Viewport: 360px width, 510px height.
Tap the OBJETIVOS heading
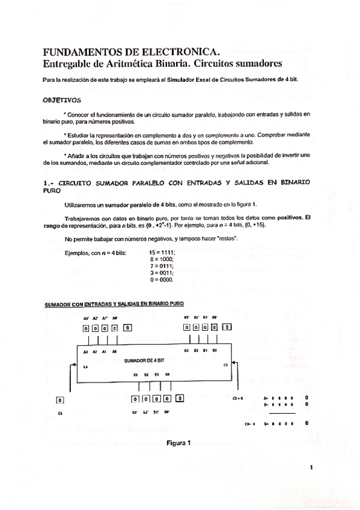click(63, 100)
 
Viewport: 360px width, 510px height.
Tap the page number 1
click(312, 467)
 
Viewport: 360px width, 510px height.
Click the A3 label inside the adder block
click(87, 351)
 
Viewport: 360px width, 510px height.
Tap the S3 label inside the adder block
click(136, 374)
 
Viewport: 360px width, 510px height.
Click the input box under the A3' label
click(87, 328)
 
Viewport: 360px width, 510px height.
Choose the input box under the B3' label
click(188, 328)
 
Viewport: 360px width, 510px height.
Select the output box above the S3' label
click(136, 399)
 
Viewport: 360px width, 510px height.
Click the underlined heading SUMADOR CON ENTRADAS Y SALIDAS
click(114, 304)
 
